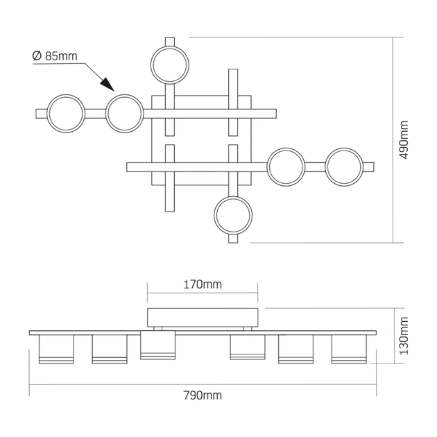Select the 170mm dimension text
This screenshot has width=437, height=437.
pos(203,284)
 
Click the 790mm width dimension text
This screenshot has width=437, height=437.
pos(203,395)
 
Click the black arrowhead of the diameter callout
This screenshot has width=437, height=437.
pos(105,83)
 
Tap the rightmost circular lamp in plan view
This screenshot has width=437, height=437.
pos(345,166)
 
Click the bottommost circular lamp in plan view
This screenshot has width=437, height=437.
pos(233,216)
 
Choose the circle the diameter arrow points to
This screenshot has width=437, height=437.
pos(124,112)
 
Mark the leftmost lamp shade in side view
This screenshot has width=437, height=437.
pos(55,349)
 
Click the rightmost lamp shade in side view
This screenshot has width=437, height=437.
pos(348,349)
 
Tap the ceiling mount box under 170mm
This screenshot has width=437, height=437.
pos(203,317)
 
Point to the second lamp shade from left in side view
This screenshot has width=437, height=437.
pos(108,349)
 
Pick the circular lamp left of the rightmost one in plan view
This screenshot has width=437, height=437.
pos(286,166)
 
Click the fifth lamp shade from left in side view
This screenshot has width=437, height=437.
pos(295,349)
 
